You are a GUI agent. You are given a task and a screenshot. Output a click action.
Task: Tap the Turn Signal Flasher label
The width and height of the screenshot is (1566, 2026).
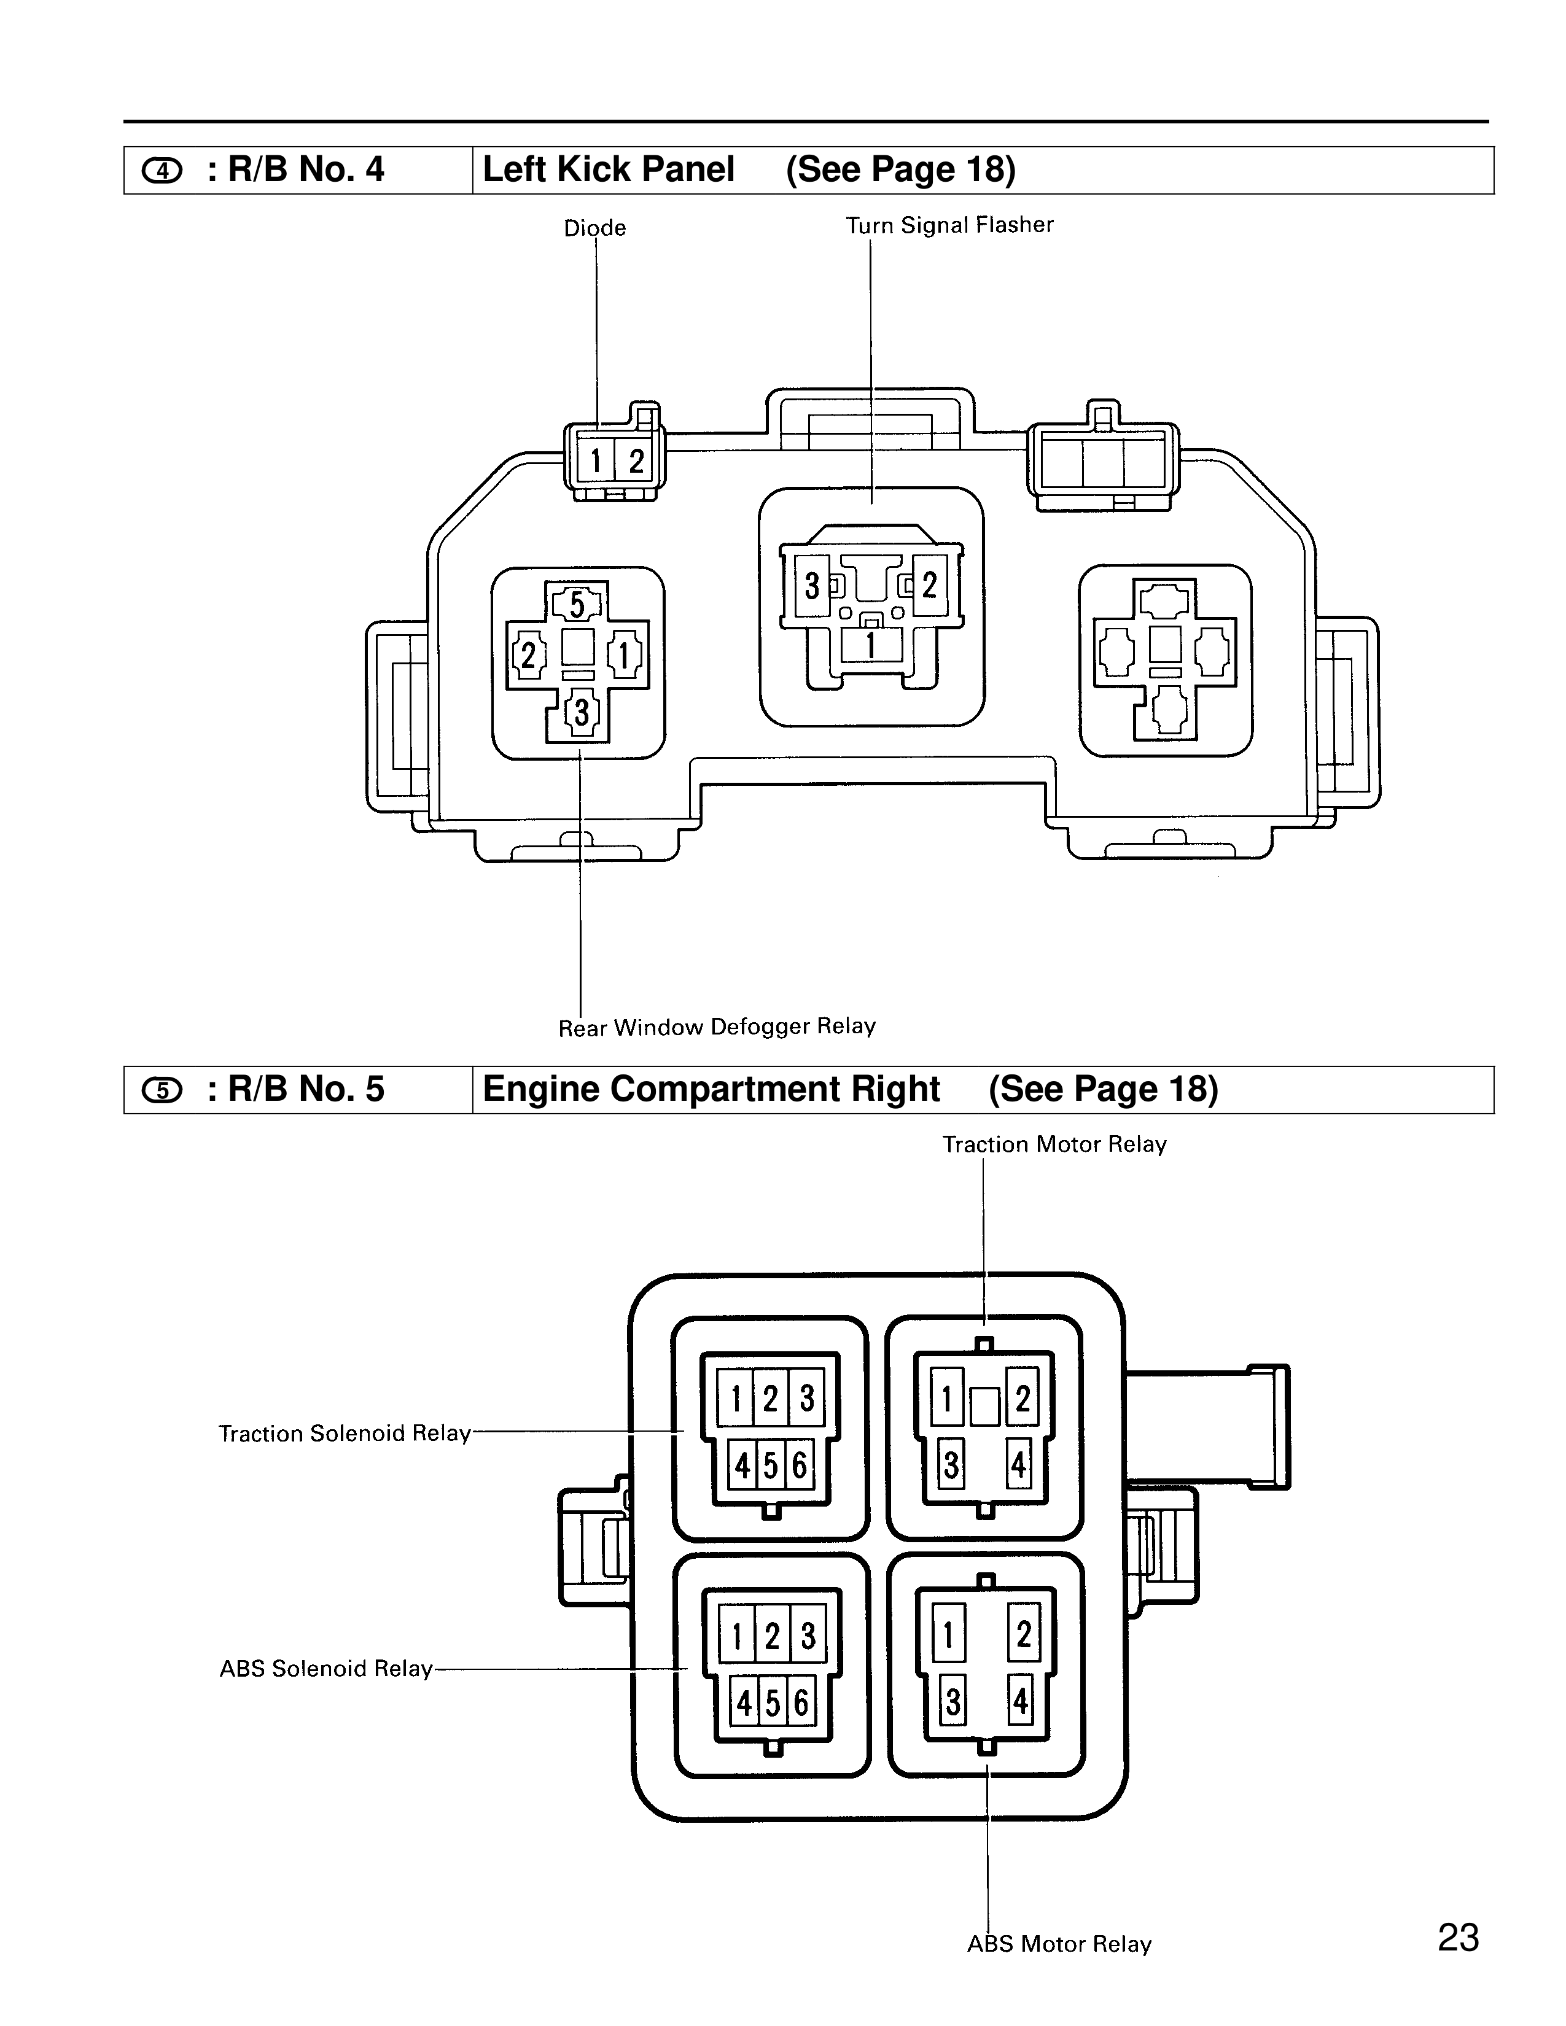[949, 225]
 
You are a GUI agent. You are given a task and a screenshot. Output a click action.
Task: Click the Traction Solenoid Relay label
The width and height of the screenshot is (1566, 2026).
[344, 1433]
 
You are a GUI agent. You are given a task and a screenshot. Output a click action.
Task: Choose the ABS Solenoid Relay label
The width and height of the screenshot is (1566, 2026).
[325, 1669]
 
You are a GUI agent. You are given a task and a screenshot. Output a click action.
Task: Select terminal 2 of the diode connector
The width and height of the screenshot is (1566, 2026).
[636, 460]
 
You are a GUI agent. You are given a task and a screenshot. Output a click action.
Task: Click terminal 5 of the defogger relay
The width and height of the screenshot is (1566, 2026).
[577, 605]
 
